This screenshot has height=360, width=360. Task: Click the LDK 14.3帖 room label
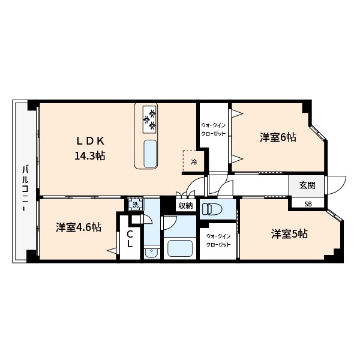point(91,148)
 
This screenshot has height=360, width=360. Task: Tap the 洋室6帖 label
point(278,137)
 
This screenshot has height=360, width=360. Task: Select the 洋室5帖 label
point(289,234)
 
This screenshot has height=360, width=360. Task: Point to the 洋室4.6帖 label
point(79,227)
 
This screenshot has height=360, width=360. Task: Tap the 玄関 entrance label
point(307,185)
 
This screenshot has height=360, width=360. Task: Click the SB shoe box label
point(308,204)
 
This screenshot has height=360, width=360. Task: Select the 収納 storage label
point(185,206)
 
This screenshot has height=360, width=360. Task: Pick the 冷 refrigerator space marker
point(194,162)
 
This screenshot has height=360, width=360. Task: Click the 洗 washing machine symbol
point(135,205)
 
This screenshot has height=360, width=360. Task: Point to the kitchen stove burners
point(149,118)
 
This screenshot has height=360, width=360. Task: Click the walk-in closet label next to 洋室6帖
point(213,129)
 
